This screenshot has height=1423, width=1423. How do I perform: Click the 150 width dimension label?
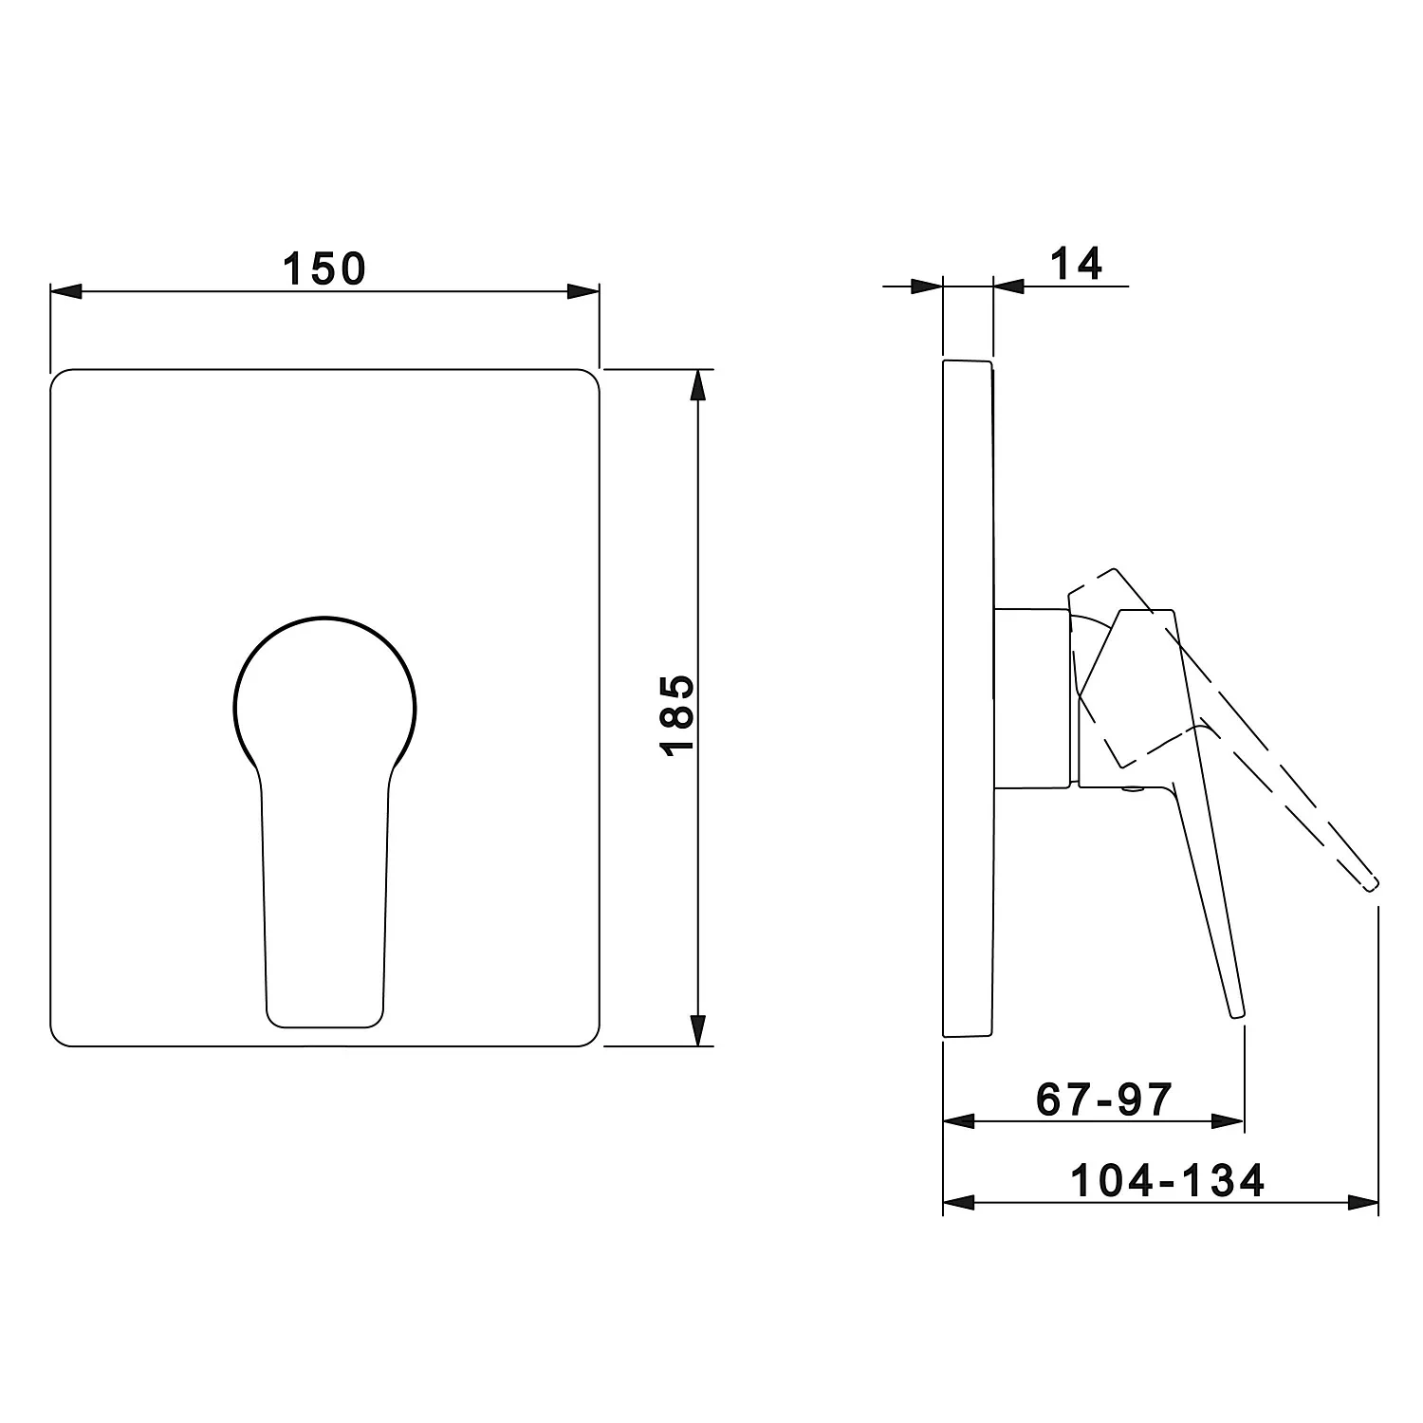[323, 269]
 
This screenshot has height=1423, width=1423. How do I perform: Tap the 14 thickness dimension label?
[1077, 264]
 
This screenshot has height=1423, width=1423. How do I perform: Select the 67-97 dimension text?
[1104, 1100]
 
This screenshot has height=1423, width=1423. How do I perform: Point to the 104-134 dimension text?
[1168, 1181]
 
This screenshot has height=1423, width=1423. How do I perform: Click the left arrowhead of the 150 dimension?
[66, 291]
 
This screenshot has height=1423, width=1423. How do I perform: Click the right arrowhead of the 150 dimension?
[583, 291]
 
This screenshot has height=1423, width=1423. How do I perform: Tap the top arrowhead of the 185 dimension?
[698, 385]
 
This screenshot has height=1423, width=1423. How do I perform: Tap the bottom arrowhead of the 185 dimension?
[698, 1029]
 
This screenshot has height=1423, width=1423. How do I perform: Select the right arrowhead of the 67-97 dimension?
[1228, 1122]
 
